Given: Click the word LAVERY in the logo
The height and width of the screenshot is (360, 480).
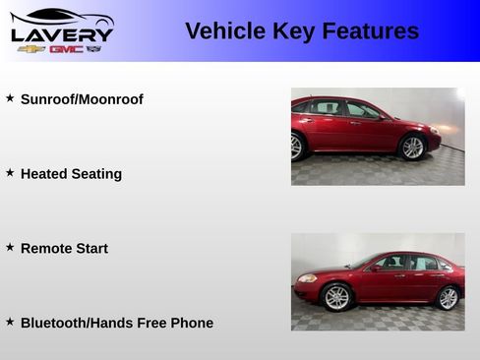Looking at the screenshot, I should (x=62, y=33).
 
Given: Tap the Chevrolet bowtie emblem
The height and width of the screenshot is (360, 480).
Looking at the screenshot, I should (x=30, y=48).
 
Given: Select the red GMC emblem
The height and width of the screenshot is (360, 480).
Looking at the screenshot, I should (x=66, y=48).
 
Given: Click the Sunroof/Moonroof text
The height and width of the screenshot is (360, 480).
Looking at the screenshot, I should (x=82, y=99).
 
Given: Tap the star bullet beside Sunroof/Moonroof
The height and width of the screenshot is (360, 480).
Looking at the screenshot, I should (x=10, y=98).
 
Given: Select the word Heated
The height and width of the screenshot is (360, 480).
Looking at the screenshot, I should (x=44, y=174).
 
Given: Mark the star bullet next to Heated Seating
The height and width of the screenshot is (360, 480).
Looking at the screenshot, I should (x=10, y=173).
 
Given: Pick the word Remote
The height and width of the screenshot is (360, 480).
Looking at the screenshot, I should (x=47, y=249).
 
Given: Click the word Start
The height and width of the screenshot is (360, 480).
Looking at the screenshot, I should (x=92, y=249).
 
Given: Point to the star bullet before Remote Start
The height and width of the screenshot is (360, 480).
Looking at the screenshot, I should (x=10, y=248).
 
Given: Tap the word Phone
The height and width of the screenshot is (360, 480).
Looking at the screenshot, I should (x=192, y=323).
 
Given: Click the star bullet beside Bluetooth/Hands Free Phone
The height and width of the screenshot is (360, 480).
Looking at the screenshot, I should (x=10, y=322).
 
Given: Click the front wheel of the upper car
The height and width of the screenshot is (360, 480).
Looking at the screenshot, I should (x=412, y=148).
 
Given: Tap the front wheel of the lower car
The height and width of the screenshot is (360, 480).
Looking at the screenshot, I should (x=336, y=297).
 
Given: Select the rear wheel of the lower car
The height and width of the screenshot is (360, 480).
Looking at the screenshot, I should (x=449, y=297).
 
